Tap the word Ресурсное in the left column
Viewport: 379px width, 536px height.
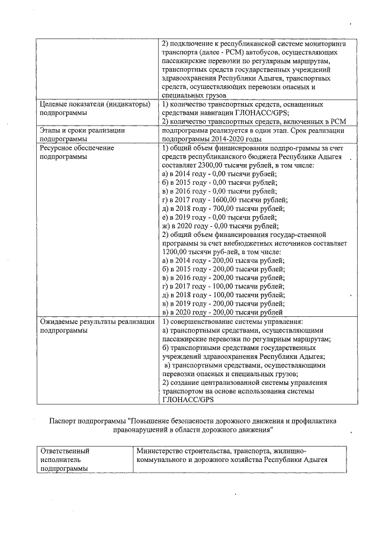tap(56, 147)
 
